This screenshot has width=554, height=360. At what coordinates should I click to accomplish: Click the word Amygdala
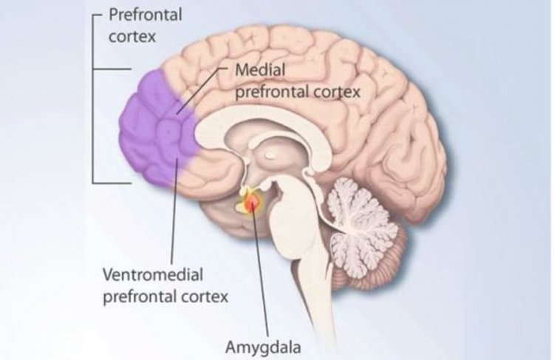click(263, 347)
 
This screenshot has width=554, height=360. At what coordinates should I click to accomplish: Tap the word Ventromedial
click(153, 275)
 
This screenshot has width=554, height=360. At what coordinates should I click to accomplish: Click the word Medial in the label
click(260, 69)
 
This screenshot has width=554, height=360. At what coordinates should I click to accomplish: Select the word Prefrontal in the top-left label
click(146, 15)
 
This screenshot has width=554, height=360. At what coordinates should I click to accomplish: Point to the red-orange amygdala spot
click(253, 203)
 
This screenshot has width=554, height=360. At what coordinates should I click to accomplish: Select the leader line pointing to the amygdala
click(260, 271)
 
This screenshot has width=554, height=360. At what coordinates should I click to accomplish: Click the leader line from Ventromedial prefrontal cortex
click(174, 211)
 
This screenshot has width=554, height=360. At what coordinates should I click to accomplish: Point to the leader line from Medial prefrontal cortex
click(202, 90)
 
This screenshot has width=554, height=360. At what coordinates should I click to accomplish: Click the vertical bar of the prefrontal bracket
click(93, 99)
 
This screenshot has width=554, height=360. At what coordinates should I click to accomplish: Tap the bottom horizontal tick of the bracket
click(112, 183)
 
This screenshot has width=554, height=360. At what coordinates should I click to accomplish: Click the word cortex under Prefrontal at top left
click(132, 37)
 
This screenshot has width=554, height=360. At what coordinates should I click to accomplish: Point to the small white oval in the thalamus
click(270, 155)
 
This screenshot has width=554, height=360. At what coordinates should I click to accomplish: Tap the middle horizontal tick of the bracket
click(112, 69)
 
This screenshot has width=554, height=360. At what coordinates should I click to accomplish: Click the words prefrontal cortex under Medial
click(298, 92)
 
